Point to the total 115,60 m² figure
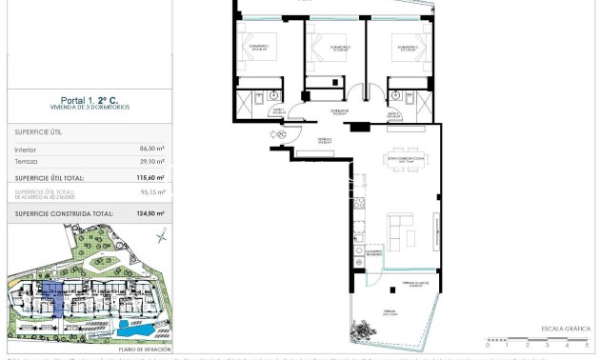(x=150, y=177)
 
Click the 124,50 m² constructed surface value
(x=150, y=214)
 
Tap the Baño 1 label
(x=279, y=112)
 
